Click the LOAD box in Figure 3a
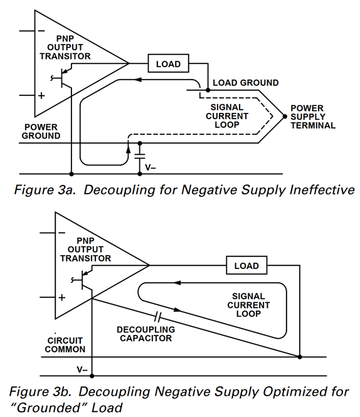coord(168,63)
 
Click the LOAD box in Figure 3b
coord(246,265)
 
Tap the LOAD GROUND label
coord(246,83)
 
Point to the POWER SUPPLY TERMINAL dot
coord(285,117)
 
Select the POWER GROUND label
coord(41,132)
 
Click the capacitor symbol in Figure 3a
coord(140,156)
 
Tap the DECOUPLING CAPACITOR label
coord(146,334)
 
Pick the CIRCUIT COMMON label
coord(65,345)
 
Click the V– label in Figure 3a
coord(151,167)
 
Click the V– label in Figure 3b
coord(82,369)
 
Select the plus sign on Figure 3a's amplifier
coord(41,95)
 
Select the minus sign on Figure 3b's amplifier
coord(61,233)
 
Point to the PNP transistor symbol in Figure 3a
coord(62,77)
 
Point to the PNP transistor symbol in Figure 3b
coord(82,279)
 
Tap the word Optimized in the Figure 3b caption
coord(289,392)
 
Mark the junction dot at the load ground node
coord(208,90)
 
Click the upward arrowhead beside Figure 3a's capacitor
coord(128,149)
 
